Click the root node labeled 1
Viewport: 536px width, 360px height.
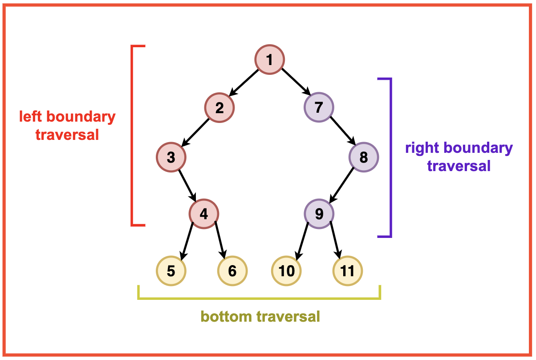[269, 59]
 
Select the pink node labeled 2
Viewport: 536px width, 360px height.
[219, 108]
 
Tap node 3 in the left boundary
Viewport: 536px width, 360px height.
[171, 157]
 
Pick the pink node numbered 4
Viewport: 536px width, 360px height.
[203, 214]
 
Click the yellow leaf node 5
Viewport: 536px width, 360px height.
[171, 270]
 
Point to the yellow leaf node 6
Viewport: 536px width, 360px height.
[232, 270]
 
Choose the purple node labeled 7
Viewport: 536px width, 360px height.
[319, 108]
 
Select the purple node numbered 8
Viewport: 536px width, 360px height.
[364, 157]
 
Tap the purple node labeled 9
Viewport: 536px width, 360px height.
[319, 214]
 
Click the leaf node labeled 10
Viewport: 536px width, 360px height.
[287, 270]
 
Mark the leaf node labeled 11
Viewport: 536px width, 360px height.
[347, 270]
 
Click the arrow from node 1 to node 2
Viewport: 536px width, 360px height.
[244, 83]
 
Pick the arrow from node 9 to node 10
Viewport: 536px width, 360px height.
[303, 241]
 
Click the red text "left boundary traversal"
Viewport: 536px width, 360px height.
[67, 126]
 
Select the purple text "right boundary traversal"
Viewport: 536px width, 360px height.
[459, 157]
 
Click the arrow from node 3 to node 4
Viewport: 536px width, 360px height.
[187, 185]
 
